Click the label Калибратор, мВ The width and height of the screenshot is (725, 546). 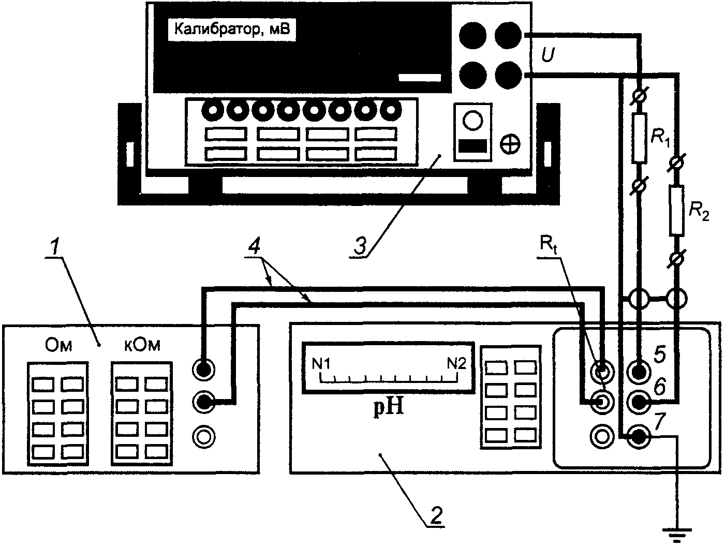coord(232,29)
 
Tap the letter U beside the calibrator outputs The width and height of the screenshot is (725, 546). coord(548,55)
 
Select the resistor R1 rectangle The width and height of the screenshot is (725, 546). coord(640,138)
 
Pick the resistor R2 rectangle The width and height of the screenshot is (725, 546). coord(677,211)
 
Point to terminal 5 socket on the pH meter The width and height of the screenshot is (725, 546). coord(639,372)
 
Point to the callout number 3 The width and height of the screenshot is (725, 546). coord(360,246)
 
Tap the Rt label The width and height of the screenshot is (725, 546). coord(549,245)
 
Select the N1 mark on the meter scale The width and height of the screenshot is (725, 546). coord(321,364)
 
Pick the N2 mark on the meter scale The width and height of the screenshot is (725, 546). coord(457,364)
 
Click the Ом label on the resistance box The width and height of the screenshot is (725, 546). coord(58,346)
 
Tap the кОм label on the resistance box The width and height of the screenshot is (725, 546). coord(142,346)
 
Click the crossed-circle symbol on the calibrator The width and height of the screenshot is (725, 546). coord(510,144)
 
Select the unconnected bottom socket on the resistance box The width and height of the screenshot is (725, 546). coord(204,437)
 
